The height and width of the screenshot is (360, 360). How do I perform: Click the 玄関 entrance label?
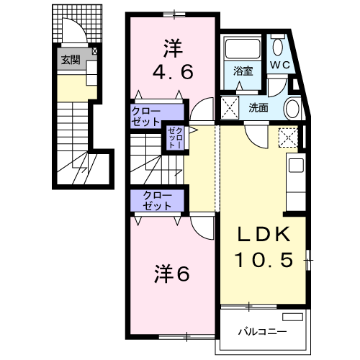(x=71, y=60)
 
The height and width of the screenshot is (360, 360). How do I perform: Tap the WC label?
(x=280, y=65)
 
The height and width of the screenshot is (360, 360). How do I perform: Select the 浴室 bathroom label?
(x=243, y=71)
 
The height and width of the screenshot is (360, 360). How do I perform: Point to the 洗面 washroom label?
(x=258, y=108)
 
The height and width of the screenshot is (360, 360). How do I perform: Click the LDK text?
(x=264, y=234)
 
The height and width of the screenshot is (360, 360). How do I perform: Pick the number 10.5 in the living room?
(x=264, y=260)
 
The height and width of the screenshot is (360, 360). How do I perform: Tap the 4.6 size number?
(x=173, y=73)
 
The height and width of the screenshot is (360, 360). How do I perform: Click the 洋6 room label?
(x=172, y=274)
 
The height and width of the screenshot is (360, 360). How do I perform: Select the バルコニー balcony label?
(x=262, y=332)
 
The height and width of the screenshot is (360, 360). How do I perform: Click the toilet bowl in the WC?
(x=278, y=48)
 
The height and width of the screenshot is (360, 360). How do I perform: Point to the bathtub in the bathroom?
(x=243, y=49)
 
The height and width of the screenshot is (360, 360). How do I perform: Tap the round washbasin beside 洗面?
(x=292, y=109)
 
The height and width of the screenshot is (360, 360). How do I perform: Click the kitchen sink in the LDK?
(x=296, y=166)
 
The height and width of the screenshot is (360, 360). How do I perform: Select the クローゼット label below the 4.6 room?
(x=145, y=117)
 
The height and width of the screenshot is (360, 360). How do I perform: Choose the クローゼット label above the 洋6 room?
(x=157, y=201)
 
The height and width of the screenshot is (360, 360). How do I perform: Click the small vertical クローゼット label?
(x=176, y=138)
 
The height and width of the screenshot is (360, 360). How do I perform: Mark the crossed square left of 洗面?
(x=230, y=107)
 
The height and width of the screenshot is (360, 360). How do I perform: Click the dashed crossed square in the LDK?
(x=288, y=138)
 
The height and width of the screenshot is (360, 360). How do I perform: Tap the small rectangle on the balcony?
(x=292, y=317)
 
